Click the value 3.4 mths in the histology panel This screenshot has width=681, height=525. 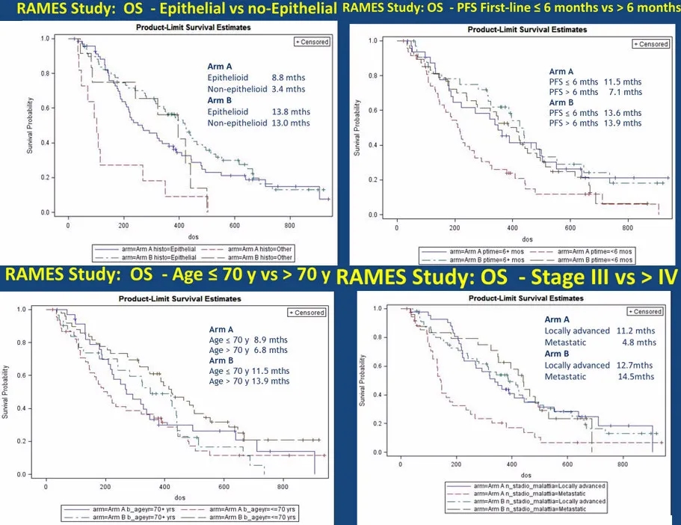coord(294,87)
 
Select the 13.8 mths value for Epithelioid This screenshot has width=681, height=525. coord(294,111)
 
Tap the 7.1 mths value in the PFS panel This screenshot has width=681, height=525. coord(626,92)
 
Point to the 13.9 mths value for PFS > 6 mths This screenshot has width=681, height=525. coord(626,123)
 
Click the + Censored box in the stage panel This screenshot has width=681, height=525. coord(645,311)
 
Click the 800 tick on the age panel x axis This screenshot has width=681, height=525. coord(283,483)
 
